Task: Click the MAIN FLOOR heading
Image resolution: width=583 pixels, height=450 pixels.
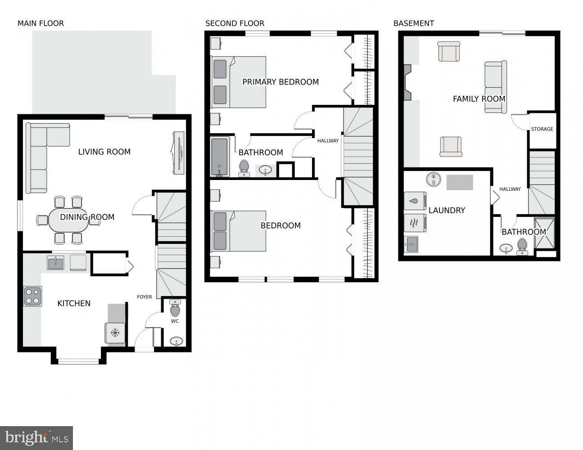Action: click(x=41, y=23)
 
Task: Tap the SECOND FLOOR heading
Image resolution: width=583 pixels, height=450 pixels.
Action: click(x=235, y=23)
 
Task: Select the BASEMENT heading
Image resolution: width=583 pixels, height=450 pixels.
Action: click(x=413, y=23)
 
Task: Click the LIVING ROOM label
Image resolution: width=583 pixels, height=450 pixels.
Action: click(x=104, y=152)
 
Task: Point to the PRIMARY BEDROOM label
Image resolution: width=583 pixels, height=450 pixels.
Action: click(x=280, y=82)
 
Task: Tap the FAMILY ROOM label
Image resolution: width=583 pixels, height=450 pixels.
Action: click(x=479, y=99)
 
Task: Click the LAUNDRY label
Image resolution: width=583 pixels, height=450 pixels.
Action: click(x=447, y=210)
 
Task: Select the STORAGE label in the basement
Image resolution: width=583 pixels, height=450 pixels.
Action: click(x=542, y=129)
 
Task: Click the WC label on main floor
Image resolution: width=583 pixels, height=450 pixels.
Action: click(x=175, y=321)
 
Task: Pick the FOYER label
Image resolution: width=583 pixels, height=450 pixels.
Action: click(x=145, y=297)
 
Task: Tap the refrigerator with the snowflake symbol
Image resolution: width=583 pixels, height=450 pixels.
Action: click(x=115, y=333)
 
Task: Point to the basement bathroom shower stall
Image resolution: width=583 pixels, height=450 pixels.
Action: click(x=544, y=233)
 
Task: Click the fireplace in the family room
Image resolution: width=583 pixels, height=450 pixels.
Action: click(x=407, y=82)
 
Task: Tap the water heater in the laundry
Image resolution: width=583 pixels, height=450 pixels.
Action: click(x=433, y=180)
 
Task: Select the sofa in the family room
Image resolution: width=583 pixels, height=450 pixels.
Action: click(x=495, y=87)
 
